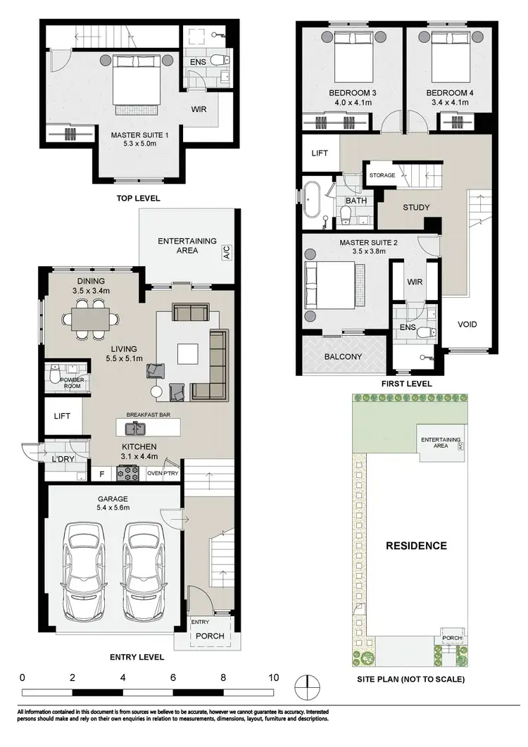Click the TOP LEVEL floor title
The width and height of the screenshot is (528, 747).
pos(138,199)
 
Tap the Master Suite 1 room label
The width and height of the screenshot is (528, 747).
pos(138,134)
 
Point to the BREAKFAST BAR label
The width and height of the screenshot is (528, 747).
pos(148,416)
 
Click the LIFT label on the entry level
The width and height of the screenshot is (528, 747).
pos(63,417)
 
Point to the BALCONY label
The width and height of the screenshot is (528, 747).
pos(344,357)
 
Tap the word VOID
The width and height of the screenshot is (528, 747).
pos(467,325)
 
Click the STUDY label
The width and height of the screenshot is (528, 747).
pos(416,208)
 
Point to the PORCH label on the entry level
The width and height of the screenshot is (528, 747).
pos(210,636)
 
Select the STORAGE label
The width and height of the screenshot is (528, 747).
pos(382,175)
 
